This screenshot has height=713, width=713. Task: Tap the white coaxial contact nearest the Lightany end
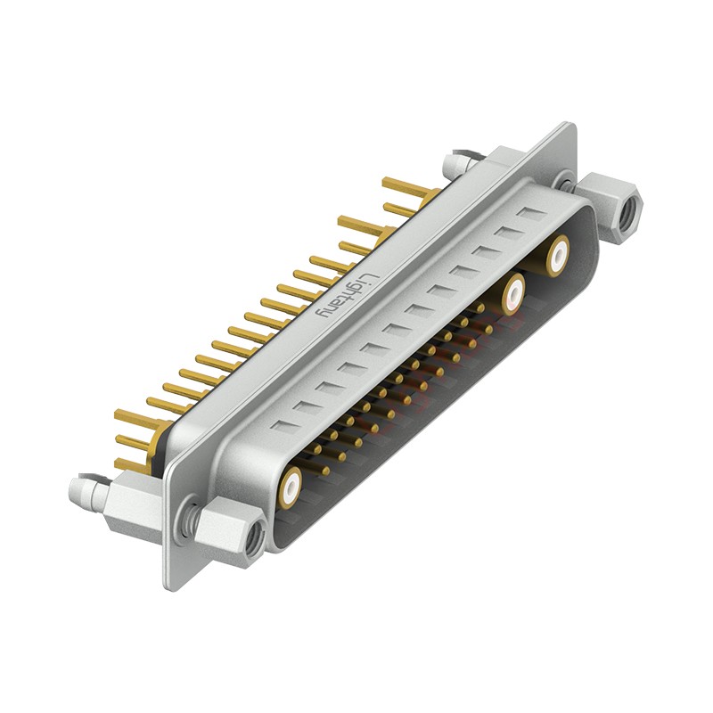click(291, 486)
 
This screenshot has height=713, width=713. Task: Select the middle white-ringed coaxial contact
click(513, 293)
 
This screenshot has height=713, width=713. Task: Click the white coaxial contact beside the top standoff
click(558, 256)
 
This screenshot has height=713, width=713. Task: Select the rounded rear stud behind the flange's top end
click(451, 164)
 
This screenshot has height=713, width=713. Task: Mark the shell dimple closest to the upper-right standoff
click(531, 214)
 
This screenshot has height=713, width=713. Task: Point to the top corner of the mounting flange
click(566, 127)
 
